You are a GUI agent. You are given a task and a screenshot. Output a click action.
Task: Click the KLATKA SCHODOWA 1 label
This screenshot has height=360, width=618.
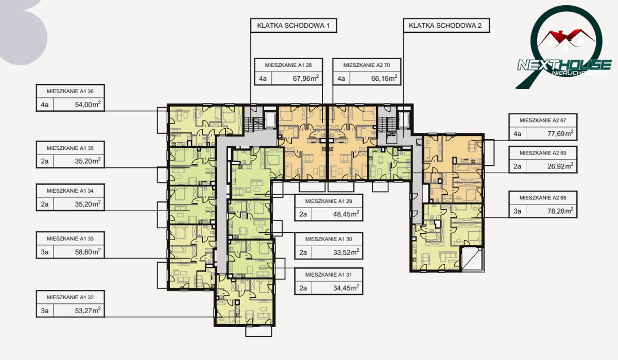(x=293, y=26)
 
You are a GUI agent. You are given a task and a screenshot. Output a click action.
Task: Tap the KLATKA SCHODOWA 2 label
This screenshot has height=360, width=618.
(x=445, y=26)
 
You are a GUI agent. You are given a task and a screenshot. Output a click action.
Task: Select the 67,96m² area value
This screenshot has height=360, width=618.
(x=306, y=78)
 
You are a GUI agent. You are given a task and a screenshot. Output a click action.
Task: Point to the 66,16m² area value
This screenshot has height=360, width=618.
(x=384, y=78)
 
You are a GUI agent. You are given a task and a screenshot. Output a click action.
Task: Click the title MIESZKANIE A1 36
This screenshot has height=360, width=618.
(x=70, y=91)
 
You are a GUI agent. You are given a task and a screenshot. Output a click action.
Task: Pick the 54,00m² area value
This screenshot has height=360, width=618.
(x=88, y=104)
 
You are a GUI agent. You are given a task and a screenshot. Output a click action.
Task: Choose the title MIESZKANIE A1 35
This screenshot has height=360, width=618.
(x=70, y=148)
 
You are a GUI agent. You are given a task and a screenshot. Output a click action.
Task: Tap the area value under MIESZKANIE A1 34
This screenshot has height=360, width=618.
(x=88, y=204)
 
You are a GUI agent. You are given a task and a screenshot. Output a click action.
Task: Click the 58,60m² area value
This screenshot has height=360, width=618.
(x=88, y=251)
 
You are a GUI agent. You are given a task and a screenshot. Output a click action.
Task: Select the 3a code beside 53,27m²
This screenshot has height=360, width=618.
(x=45, y=311)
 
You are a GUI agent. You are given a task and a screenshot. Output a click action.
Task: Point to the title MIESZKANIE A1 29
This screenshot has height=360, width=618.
(x=329, y=201)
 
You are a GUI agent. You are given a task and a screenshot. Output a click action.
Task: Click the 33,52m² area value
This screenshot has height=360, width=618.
(x=346, y=252)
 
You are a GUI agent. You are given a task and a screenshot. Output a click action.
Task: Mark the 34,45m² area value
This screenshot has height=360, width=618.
(x=346, y=288)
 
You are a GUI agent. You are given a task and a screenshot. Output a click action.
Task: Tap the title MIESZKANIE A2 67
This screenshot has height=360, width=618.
(x=543, y=121)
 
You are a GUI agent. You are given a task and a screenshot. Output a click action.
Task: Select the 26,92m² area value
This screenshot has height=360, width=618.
(x=560, y=166)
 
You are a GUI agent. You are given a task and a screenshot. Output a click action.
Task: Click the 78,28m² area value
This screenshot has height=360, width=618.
(x=560, y=211)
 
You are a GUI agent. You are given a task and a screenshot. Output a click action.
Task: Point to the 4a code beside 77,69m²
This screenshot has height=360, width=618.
(x=517, y=134)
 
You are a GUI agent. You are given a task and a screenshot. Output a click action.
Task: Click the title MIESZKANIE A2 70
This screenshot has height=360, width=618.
(x=367, y=65)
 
